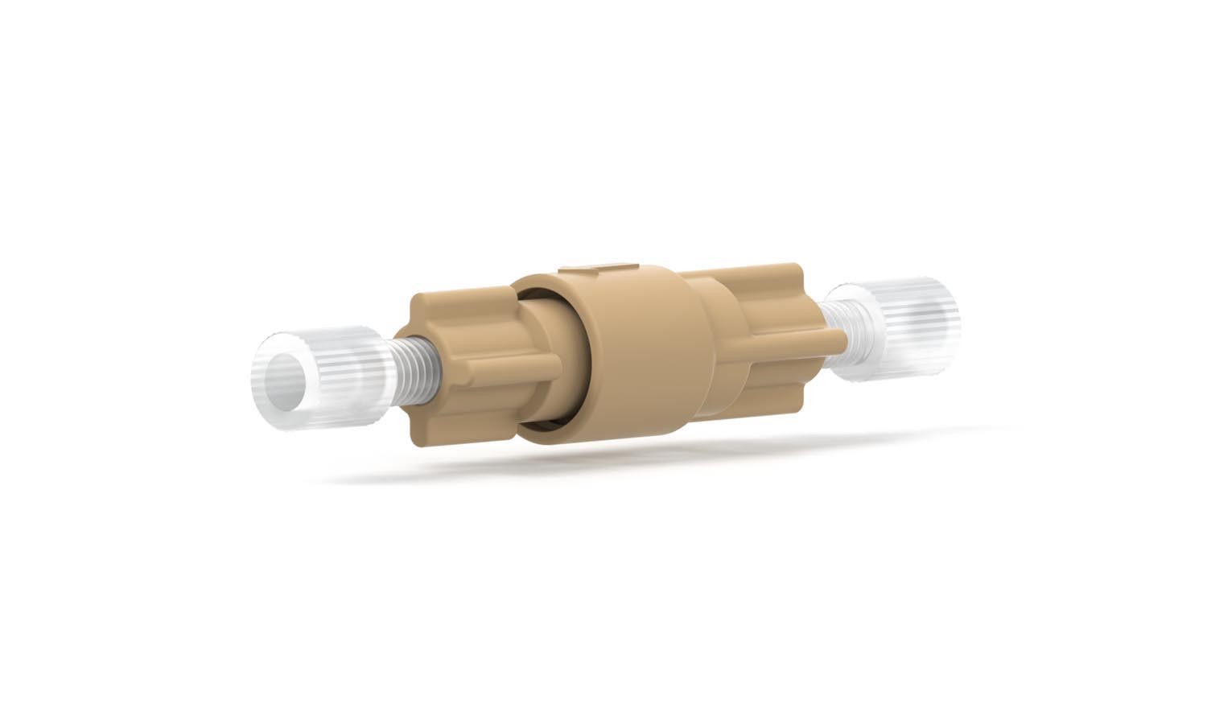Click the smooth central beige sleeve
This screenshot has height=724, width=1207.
(636, 354)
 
